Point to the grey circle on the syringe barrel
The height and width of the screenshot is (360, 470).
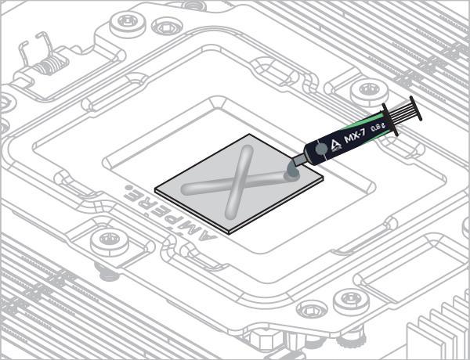tap(321, 149)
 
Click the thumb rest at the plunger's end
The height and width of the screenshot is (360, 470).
tap(416, 108)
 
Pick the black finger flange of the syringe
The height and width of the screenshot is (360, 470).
tap(390, 120)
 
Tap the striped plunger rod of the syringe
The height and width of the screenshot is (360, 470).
tap(402, 113)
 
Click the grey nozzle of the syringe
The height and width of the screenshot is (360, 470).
tap(299, 160)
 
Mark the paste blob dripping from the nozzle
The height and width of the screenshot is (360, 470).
tap(292, 172)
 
